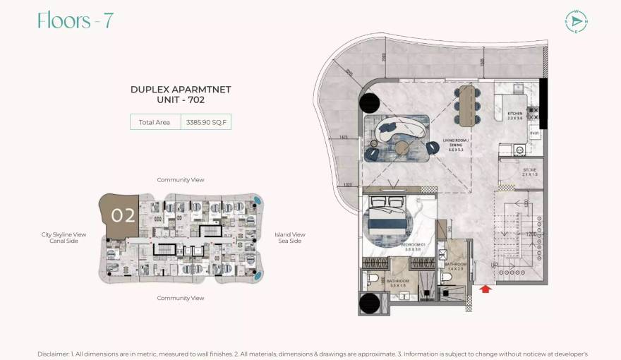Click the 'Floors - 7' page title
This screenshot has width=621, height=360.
click(x=75, y=21)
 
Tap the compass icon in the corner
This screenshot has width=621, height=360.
click(x=576, y=21)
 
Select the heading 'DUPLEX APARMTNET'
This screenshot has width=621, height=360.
click(x=181, y=90)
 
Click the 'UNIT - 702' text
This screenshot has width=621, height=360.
click(x=181, y=100)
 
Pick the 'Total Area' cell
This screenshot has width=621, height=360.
click(x=155, y=122)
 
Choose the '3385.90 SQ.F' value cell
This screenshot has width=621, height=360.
click(x=206, y=122)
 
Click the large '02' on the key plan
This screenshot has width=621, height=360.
click(x=123, y=215)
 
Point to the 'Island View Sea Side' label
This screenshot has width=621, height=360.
click(x=289, y=238)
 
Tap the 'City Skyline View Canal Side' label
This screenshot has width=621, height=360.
click(x=64, y=238)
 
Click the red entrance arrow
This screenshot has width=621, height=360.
click(x=484, y=288)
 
